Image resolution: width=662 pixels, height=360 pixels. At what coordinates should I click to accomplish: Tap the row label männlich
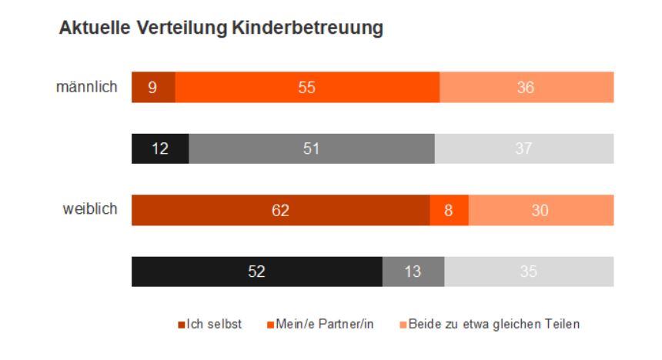pyautogui.click(x=87, y=87)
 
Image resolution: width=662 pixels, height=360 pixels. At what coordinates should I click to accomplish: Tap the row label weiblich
pyautogui.click(x=90, y=209)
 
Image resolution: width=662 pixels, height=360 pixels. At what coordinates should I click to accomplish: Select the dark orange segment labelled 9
pyautogui.click(x=153, y=87)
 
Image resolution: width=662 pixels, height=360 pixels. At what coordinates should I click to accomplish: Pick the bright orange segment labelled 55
pyautogui.click(x=307, y=87)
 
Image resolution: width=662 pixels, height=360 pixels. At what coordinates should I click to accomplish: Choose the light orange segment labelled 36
pyautogui.click(x=526, y=87)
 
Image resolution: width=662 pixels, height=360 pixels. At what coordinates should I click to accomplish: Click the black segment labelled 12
pyautogui.click(x=160, y=148)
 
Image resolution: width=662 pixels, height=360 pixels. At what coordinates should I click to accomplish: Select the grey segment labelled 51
pyautogui.click(x=311, y=148)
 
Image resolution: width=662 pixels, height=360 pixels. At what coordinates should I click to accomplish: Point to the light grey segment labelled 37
pyautogui.click(x=523, y=148)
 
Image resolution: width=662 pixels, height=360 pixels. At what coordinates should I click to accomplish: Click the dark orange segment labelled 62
pyautogui.click(x=280, y=210)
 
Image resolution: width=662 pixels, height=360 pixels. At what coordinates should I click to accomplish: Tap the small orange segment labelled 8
pyautogui.click(x=449, y=210)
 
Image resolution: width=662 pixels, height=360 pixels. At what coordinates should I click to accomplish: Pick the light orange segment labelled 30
pyautogui.click(x=540, y=210)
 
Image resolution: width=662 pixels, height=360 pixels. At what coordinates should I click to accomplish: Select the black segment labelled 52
pyautogui.click(x=257, y=272)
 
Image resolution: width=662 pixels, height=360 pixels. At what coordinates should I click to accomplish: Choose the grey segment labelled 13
pyautogui.click(x=413, y=272)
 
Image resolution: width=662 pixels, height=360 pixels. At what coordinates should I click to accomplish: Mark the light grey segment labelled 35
pyautogui.click(x=529, y=272)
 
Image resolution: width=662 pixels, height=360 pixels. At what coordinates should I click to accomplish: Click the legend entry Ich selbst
pyautogui.click(x=214, y=324)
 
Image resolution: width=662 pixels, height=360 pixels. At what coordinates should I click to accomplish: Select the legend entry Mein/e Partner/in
pyautogui.click(x=325, y=324)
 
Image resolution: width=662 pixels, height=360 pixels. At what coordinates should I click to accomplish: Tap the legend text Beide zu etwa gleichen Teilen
pyautogui.click(x=493, y=324)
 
